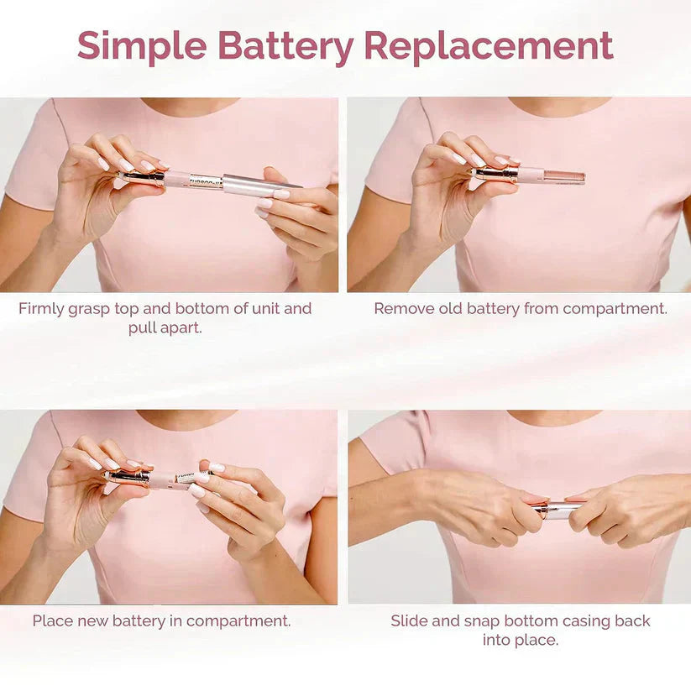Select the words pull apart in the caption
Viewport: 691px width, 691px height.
[x=165, y=327]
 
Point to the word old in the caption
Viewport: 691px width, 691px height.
[x=451, y=308]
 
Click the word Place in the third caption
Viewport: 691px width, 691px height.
[x=53, y=621]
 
